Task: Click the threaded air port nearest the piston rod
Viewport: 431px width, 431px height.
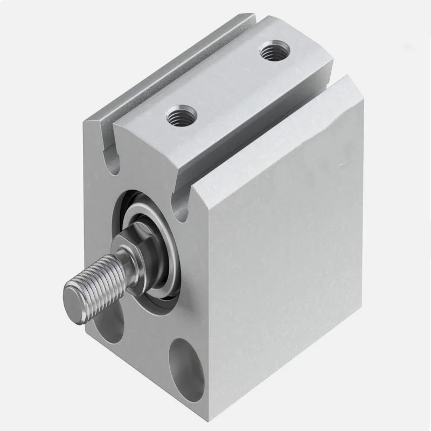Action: pos(181,114)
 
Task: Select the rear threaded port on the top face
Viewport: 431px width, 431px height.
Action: pos(270,52)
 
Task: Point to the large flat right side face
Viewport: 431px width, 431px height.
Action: pos(286,259)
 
